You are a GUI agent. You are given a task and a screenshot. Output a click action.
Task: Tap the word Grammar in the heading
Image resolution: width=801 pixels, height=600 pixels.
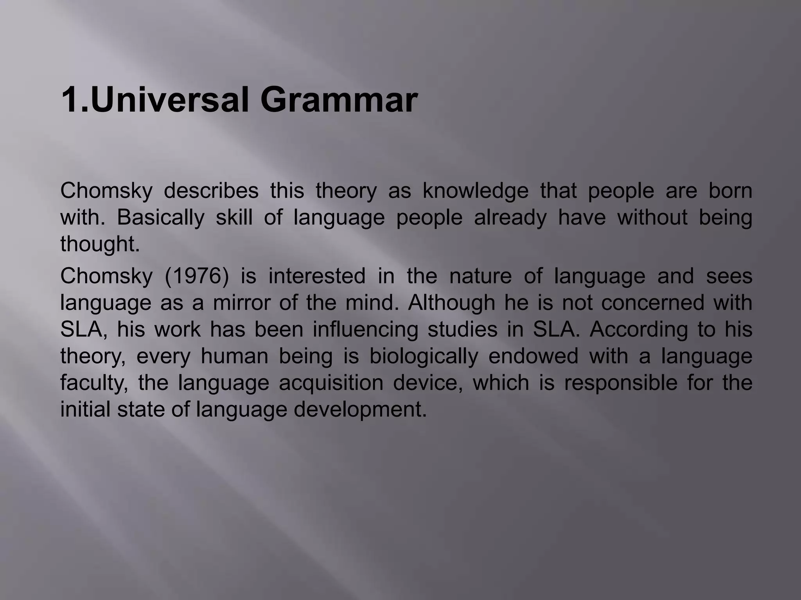[339, 100]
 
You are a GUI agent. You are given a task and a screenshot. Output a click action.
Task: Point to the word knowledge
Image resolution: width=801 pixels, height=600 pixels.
[475, 191]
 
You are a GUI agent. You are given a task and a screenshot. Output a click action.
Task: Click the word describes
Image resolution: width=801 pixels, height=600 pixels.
[211, 191]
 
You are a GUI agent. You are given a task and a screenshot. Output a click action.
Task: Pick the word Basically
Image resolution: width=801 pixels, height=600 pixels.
[160, 218]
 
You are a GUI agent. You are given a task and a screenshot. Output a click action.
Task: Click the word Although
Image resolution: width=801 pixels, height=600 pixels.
[451, 302]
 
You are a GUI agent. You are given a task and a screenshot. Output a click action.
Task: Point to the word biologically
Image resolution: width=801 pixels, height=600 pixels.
[424, 356]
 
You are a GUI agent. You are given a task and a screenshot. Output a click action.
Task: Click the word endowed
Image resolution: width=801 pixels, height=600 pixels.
[533, 356]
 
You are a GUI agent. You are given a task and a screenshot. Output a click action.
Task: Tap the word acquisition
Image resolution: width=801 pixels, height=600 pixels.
[331, 382]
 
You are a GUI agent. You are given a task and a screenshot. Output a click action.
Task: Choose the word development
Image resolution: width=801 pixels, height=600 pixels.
[360, 409]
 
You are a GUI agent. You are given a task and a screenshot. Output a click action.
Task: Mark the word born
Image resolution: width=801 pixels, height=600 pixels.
[730, 191]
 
